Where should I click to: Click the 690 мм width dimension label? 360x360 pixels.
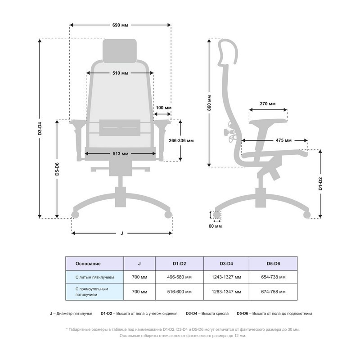pyautogui.click(x=120, y=25)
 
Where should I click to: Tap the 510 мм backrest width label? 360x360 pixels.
pyautogui.click(x=120, y=73)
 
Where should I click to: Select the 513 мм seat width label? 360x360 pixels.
pyautogui.click(x=120, y=153)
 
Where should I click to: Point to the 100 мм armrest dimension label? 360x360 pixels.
pyautogui.click(x=163, y=108)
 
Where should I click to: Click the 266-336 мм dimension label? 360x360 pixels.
pyautogui.click(x=181, y=140)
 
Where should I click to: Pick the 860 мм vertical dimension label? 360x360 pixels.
pyautogui.click(x=209, y=103)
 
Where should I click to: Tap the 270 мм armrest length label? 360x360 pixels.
pyautogui.click(x=268, y=104)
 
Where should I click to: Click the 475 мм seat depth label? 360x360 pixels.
pyautogui.click(x=283, y=140)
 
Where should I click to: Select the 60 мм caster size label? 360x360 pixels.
pyautogui.click(x=215, y=226)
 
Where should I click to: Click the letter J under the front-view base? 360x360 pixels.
pyautogui.click(x=121, y=233)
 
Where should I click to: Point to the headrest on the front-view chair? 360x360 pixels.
pyautogui.click(x=120, y=51)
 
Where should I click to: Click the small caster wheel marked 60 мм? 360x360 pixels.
pyautogui.click(x=216, y=215)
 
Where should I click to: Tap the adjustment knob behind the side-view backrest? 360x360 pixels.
pyautogui.click(x=226, y=132)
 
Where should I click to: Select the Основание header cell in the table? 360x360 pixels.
pyautogui.click(x=88, y=264)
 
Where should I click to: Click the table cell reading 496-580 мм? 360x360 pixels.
pyautogui.click(x=179, y=277)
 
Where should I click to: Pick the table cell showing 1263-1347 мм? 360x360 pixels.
pyautogui.click(x=226, y=292)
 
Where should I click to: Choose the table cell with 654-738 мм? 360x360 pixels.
pyautogui.click(x=273, y=277)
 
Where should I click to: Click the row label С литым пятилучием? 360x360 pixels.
pyautogui.click(x=94, y=277)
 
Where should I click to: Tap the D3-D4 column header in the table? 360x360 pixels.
pyautogui.click(x=226, y=264)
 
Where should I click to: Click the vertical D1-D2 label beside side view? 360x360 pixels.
pyautogui.click(x=320, y=184)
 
